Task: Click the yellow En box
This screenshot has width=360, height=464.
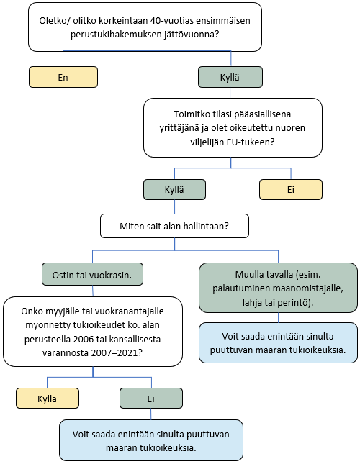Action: tap(63, 76)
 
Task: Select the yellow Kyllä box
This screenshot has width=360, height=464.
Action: tap(48, 397)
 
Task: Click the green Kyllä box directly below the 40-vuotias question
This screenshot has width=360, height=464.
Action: tap(230, 76)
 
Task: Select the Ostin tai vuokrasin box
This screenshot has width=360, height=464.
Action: tap(93, 275)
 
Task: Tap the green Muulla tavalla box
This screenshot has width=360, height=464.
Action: tap(278, 288)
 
